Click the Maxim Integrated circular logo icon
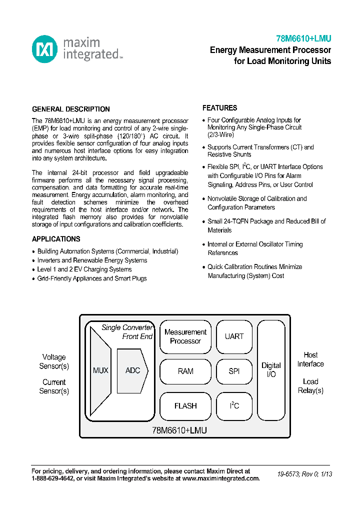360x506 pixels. click(45, 49)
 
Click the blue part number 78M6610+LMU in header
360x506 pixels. click(303, 38)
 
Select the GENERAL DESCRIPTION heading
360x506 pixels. click(71, 109)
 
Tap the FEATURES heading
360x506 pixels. click(219, 108)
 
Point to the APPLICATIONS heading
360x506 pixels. click(56, 239)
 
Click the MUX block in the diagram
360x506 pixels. click(100, 370)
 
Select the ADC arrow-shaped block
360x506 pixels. click(132, 370)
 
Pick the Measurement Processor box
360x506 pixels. click(185, 336)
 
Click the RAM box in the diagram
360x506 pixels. click(185, 371)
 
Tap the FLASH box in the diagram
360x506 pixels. click(185, 406)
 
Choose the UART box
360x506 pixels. click(234, 336)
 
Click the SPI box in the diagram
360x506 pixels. click(234, 371)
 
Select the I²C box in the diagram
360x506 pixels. click(234, 405)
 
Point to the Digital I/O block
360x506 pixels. click(271, 370)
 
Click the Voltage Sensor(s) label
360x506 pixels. click(54, 361)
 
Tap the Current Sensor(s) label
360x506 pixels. click(54, 386)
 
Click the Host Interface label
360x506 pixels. click(310, 359)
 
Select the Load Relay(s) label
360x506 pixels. click(310, 385)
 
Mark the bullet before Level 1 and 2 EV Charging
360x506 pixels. click(33, 269)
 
